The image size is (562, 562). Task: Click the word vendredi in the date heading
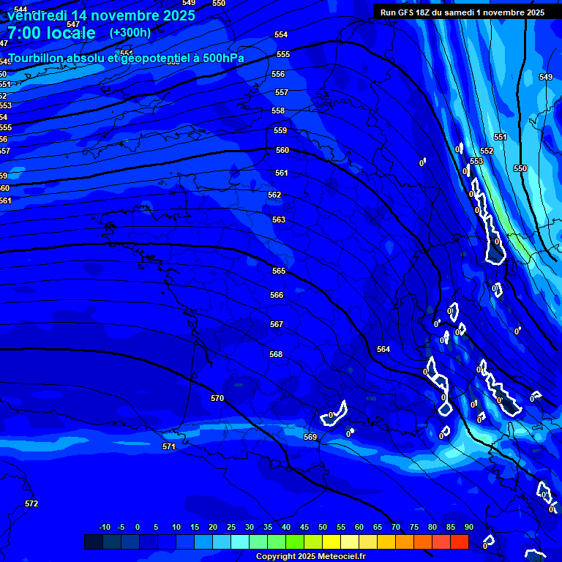click(36, 15)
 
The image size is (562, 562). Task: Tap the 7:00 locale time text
click(51, 33)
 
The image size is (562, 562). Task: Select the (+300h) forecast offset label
click(130, 33)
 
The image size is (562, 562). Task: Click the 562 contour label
click(274, 195)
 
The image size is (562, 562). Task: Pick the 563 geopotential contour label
click(279, 220)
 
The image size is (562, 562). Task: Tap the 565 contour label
click(279, 271)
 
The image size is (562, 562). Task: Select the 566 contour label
click(277, 296)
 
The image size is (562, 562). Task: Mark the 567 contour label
click(277, 325)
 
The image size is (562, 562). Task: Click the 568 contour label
click(276, 355)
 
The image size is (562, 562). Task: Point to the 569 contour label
click(310, 438)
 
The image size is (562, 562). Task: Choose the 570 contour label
click(217, 399)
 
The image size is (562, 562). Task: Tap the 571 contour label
click(169, 447)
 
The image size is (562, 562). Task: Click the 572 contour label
click(31, 504)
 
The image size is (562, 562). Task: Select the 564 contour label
click(383, 350)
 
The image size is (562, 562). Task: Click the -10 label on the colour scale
click(104, 528)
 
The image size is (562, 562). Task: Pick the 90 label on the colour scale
click(469, 528)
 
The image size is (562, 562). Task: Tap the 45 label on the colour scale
click(304, 528)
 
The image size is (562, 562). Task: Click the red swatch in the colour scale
click(459, 542)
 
